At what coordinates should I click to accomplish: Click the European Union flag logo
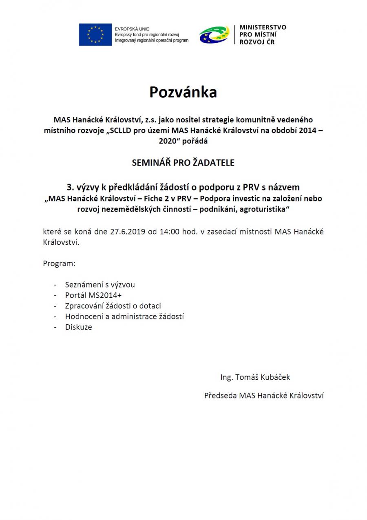(95, 35)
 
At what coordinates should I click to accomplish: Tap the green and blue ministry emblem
(214, 35)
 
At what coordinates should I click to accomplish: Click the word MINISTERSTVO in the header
(263, 27)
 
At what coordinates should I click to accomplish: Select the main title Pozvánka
(183, 92)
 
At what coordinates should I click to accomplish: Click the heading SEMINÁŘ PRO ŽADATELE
(183, 162)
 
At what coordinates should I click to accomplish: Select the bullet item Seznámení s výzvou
(100, 284)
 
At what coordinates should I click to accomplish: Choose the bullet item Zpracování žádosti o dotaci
(116, 305)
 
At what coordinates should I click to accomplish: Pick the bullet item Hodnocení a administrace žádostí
(124, 316)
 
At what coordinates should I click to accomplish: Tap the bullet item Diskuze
(79, 327)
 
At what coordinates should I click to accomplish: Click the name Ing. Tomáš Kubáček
(255, 377)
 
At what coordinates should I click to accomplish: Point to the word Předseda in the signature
(221, 395)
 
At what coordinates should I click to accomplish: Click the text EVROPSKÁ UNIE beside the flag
(132, 29)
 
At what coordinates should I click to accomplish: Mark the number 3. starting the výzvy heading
(70, 187)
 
